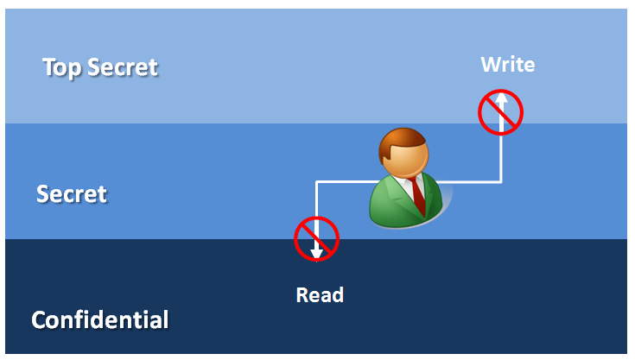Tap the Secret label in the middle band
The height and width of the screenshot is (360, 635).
72,193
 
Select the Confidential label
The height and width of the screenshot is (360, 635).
100,319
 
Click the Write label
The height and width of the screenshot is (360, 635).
508,64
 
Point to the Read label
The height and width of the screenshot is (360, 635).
320,294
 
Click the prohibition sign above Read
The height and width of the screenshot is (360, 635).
316,237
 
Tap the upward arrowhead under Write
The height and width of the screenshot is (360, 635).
501,102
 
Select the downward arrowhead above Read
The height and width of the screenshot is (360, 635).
317,252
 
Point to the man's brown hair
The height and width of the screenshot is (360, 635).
400,138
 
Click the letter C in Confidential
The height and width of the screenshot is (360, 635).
40,320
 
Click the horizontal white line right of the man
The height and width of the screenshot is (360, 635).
471,181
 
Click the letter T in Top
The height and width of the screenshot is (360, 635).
48,66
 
